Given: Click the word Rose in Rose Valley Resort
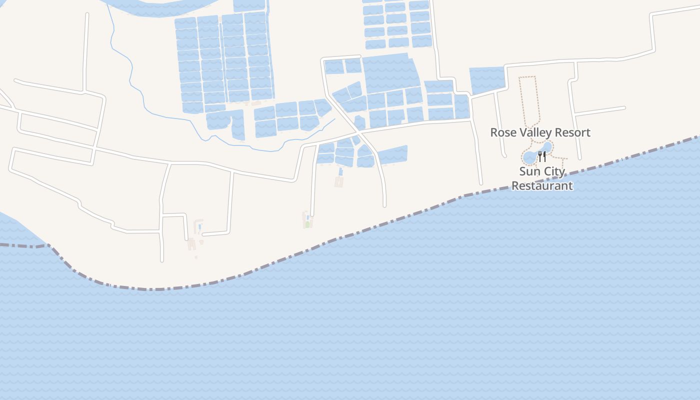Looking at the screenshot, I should click(x=501, y=132).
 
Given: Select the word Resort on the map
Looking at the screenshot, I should click(x=573, y=132).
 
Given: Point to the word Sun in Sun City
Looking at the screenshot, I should click(x=529, y=171).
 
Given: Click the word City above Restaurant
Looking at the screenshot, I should click(x=554, y=171).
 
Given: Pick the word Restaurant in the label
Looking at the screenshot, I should click(x=542, y=185).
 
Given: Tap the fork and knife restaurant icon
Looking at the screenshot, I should click(x=542, y=156).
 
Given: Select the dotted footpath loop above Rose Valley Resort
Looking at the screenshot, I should click(x=529, y=100).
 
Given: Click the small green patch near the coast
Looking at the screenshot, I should click(x=307, y=224).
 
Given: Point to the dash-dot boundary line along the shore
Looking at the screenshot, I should click(x=350, y=234).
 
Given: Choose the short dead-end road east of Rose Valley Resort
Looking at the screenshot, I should click(x=600, y=111).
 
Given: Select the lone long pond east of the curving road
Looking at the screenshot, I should click(x=392, y=155).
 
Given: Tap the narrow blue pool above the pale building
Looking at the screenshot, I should click(x=340, y=172).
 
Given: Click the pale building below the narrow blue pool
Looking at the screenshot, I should click(x=339, y=181).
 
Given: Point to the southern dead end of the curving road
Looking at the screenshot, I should click(x=384, y=204).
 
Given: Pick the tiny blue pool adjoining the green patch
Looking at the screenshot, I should click(x=307, y=218).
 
